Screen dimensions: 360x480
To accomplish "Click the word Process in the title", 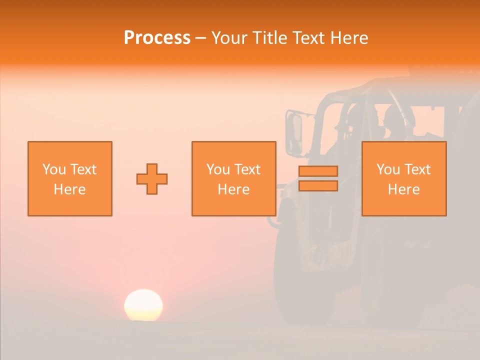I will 157,38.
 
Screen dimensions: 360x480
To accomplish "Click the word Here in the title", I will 348,38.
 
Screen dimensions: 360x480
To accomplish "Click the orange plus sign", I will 152,179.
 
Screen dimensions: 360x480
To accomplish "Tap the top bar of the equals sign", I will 318,171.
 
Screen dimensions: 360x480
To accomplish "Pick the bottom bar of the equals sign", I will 318,185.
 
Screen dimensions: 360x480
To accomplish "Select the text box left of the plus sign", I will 70,178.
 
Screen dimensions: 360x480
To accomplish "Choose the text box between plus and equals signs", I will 233,178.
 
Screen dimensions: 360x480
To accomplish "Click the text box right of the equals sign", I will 403,178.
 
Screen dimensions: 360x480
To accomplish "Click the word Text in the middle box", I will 247,169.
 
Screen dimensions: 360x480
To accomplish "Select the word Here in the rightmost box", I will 403,189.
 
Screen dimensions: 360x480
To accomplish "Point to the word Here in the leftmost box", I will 70,189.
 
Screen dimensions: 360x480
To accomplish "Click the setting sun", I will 143,305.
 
